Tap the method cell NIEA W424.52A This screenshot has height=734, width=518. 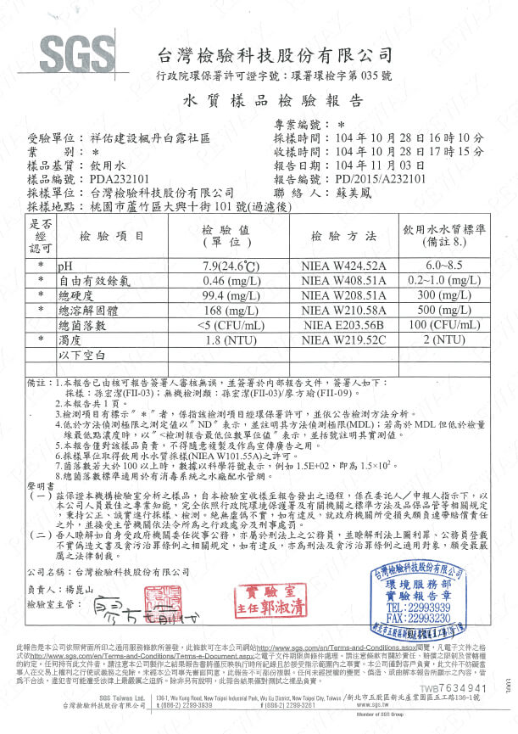point(343,266)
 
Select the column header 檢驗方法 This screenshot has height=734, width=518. point(343,235)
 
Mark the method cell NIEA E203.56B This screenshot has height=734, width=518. point(343,325)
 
